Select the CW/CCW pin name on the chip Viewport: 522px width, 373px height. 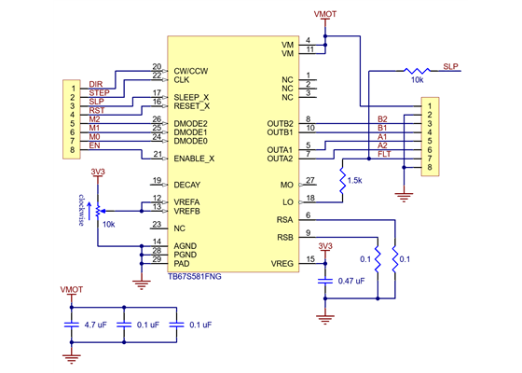coord(191,71)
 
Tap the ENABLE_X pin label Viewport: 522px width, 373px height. coord(194,159)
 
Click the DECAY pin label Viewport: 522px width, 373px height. coord(186,185)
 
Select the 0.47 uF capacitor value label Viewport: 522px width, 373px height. coord(351,281)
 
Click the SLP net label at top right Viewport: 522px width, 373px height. coord(450,66)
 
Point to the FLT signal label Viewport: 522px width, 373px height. coord(383,153)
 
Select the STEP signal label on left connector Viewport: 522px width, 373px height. coord(98,93)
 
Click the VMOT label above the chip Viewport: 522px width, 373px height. coord(327,15)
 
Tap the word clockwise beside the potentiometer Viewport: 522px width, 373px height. coord(82,211)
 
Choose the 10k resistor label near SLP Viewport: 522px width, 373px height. coord(417,81)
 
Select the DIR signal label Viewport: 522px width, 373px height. coord(95,85)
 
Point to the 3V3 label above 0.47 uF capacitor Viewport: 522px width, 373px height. coord(324,246)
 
